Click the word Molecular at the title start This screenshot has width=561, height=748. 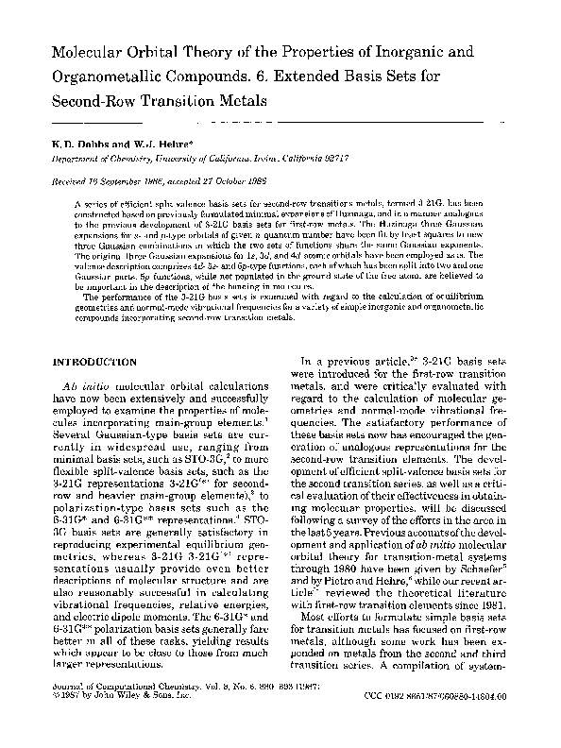click(92, 49)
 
